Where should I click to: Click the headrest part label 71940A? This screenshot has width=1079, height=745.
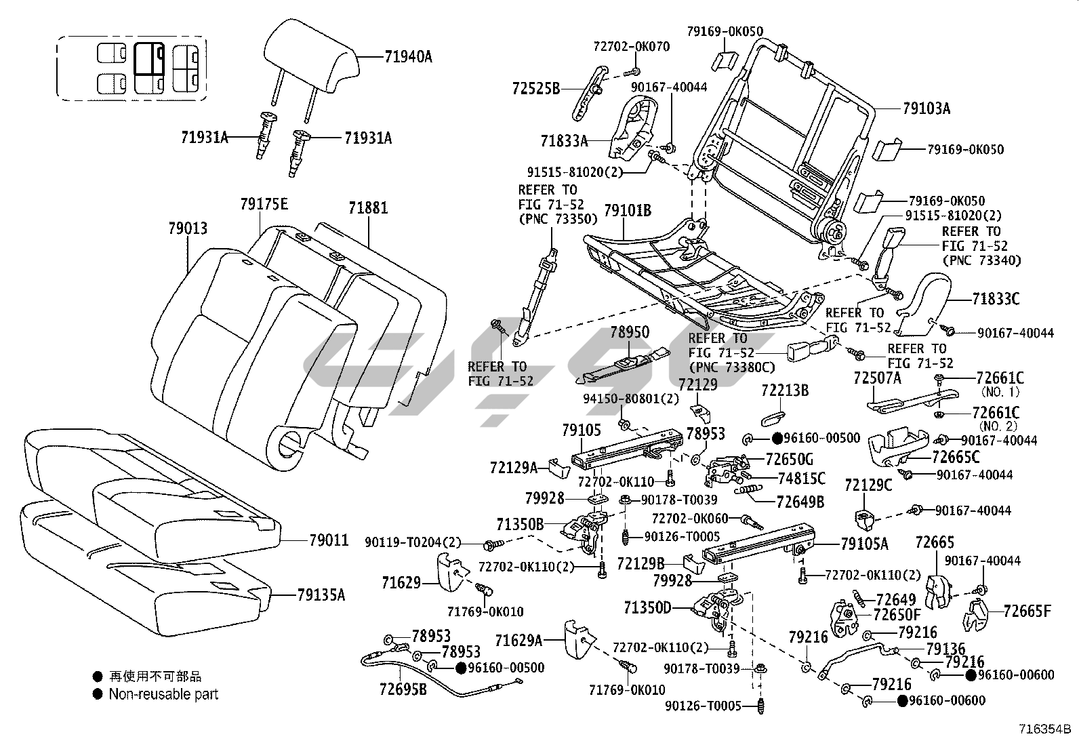[408, 57]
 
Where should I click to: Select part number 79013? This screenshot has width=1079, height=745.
[188, 229]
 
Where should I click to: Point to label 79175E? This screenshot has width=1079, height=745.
[264, 204]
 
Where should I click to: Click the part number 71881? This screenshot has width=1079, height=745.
[368, 207]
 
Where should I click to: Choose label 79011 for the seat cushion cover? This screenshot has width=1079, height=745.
[329, 540]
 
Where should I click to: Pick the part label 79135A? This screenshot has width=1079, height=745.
[321, 595]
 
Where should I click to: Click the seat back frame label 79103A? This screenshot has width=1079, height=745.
[927, 108]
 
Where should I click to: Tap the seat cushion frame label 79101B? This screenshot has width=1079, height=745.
[628, 212]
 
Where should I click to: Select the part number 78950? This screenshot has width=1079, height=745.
[629, 332]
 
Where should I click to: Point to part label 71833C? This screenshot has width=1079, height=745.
[996, 299]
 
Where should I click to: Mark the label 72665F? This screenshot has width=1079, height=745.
[1027, 611]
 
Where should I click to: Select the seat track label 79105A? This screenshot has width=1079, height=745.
[864, 543]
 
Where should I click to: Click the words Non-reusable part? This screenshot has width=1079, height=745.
[163, 694]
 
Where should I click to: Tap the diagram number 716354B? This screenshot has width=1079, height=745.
[1044, 730]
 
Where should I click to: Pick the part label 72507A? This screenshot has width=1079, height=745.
[877, 378]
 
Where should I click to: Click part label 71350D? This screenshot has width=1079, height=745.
[647, 607]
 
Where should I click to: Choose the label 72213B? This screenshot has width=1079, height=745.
[785, 390]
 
